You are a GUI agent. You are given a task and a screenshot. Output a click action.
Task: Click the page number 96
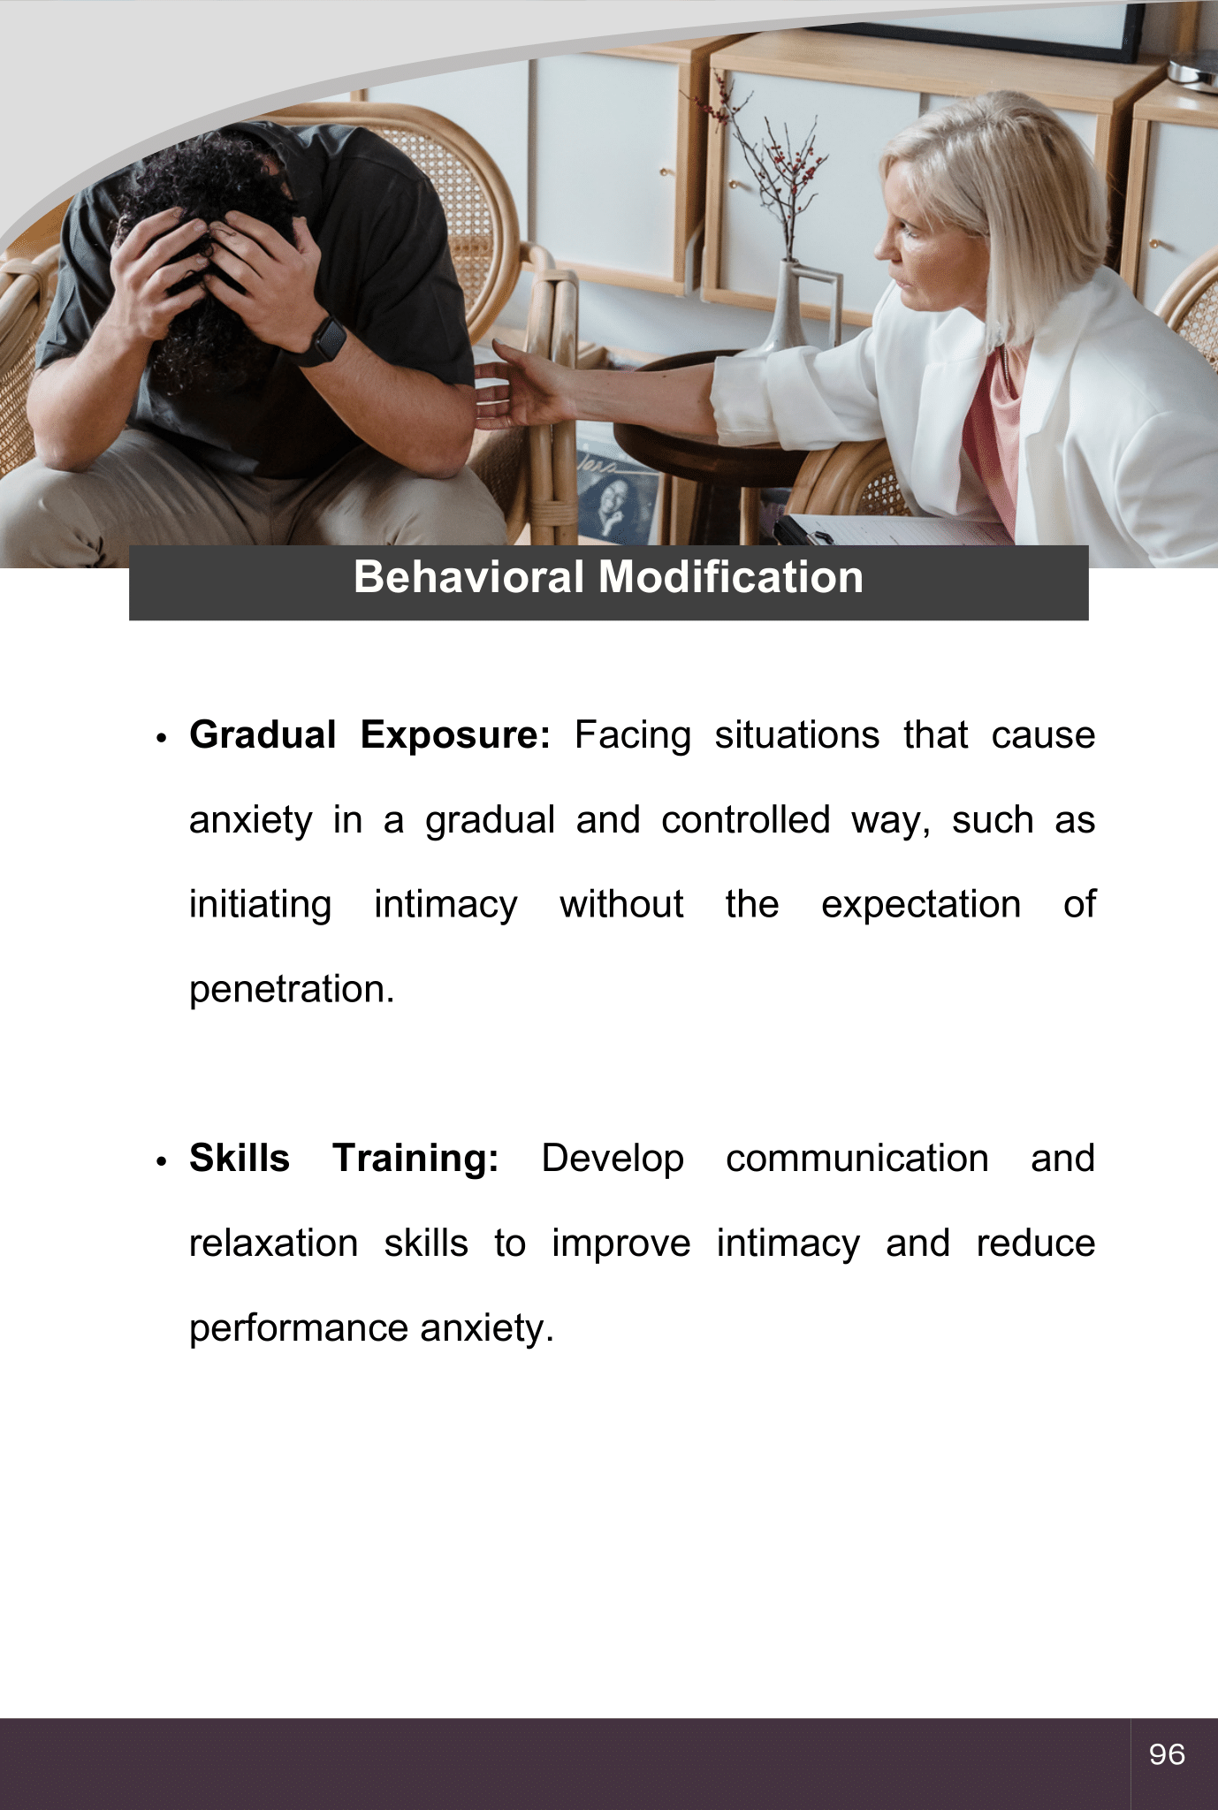tap(1167, 1754)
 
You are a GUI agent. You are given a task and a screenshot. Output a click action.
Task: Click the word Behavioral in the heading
tap(468, 577)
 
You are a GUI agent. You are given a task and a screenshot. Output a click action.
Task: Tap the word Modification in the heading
tap(731, 577)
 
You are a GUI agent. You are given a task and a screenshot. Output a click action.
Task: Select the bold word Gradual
tap(263, 734)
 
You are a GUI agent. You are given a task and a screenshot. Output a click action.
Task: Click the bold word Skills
tap(240, 1158)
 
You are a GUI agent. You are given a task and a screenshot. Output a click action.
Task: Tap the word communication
tap(857, 1158)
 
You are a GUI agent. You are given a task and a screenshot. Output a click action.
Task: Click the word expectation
tap(921, 905)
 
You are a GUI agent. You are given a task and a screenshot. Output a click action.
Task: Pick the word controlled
tap(746, 819)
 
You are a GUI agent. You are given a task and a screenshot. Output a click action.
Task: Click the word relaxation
tap(274, 1243)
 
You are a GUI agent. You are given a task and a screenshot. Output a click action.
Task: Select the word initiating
tap(261, 905)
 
